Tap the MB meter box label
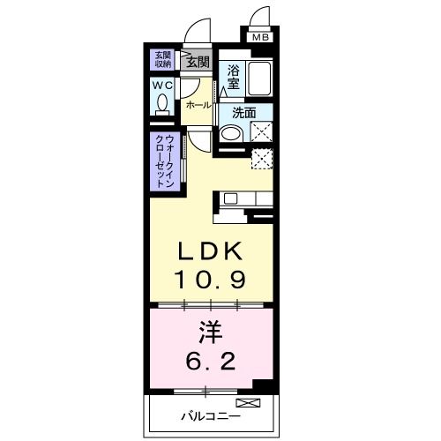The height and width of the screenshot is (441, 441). (x=261, y=38)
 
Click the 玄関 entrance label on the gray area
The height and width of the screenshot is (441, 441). (x=197, y=62)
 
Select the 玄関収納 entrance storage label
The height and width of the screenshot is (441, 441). (x=164, y=58)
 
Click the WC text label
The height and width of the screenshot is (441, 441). (x=162, y=86)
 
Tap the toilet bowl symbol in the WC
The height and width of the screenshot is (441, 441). (x=162, y=105)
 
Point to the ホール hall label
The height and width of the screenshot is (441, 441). (x=198, y=105)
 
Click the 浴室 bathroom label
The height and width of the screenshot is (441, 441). (x=233, y=75)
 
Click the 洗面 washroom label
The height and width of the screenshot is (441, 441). (x=243, y=113)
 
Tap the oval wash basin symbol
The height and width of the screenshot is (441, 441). (x=229, y=135)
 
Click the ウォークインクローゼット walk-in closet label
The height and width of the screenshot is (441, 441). (x=164, y=160)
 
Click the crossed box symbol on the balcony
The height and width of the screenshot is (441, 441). (x=254, y=404)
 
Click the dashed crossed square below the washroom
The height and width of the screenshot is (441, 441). (x=261, y=160)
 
